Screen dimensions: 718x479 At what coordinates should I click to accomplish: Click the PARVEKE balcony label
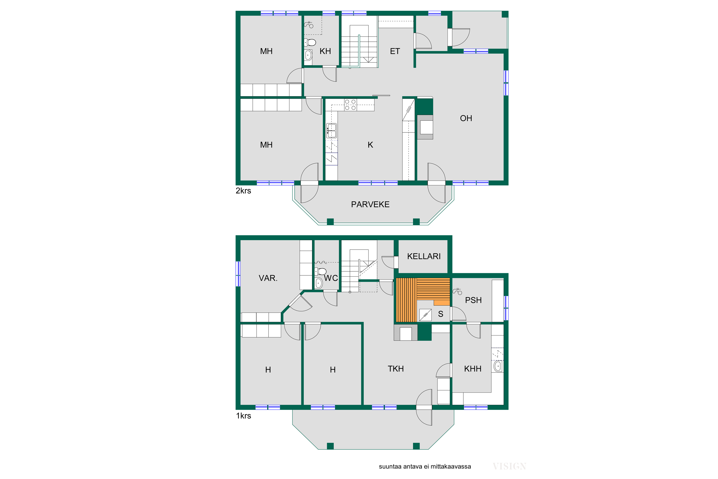[x=370, y=204]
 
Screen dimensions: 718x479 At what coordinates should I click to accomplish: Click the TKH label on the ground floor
[x=396, y=369]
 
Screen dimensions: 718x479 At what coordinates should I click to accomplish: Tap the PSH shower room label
[x=473, y=300]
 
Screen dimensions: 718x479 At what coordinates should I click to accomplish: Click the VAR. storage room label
[x=268, y=278]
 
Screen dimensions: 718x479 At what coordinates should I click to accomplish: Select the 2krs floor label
[x=243, y=191]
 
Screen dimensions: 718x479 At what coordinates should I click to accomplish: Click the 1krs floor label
[x=244, y=416]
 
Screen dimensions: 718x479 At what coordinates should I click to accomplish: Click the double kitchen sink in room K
[x=331, y=131]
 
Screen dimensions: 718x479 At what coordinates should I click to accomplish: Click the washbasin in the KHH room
[x=498, y=366]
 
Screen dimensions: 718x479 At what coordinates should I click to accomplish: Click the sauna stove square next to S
[x=425, y=315]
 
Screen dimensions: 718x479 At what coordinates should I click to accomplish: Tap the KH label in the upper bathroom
[x=325, y=51]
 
